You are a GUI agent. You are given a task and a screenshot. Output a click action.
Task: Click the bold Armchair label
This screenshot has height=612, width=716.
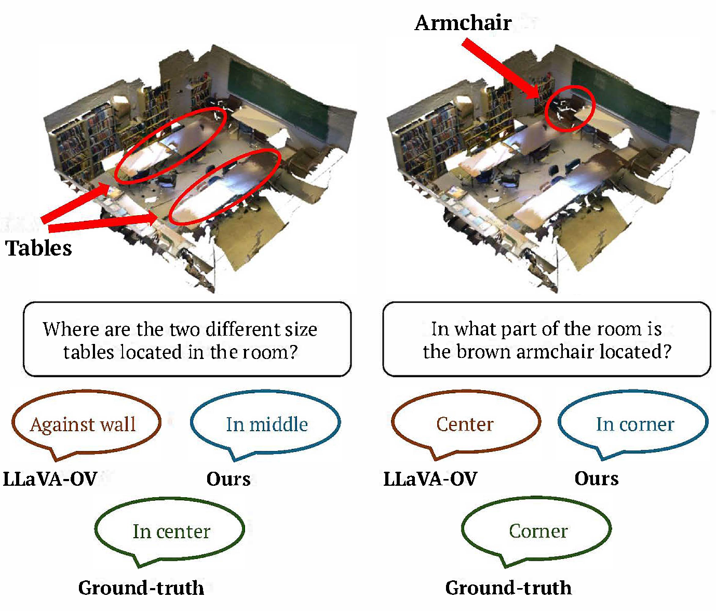point(463,23)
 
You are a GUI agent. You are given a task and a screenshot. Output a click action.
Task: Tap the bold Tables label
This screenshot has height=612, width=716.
point(39,248)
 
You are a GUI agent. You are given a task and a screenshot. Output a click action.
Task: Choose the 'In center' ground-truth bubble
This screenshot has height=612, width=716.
point(171,531)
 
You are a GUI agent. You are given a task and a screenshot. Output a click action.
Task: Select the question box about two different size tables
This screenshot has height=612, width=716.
point(187,339)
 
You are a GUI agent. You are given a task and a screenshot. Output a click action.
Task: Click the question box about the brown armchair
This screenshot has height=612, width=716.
point(546,339)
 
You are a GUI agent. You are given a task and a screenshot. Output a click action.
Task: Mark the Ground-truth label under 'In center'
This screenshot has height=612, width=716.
point(141,588)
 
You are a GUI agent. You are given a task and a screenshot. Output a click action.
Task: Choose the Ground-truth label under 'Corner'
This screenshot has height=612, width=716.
point(508,588)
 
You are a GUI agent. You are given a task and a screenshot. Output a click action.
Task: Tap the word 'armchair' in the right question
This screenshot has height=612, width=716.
point(556,352)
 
